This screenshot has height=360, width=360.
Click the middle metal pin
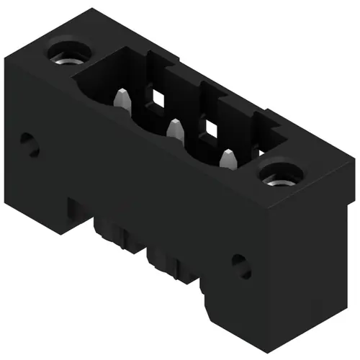(174, 130)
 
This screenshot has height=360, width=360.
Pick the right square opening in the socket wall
(212, 128)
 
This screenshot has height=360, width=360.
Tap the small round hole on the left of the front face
(28, 143)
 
